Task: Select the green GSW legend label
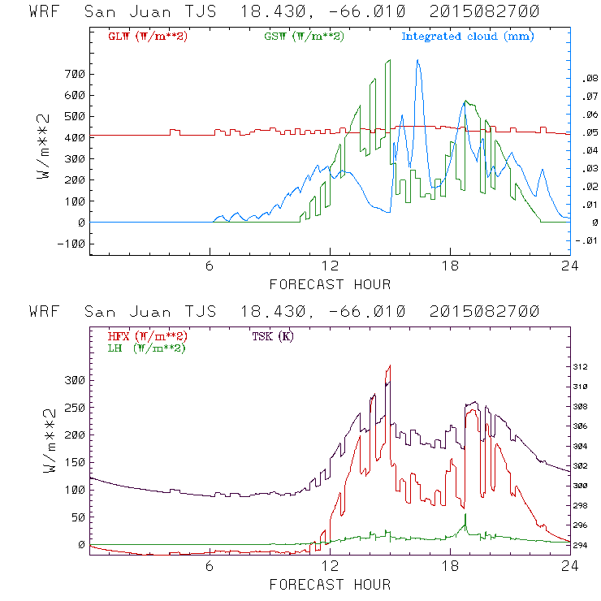click(304, 37)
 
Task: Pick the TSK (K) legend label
click(273, 336)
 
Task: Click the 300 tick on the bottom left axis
click(74, 380)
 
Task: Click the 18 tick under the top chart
click(450, 266)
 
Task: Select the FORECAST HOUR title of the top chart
click(330, 284)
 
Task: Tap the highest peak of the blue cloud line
click(417, 60)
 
